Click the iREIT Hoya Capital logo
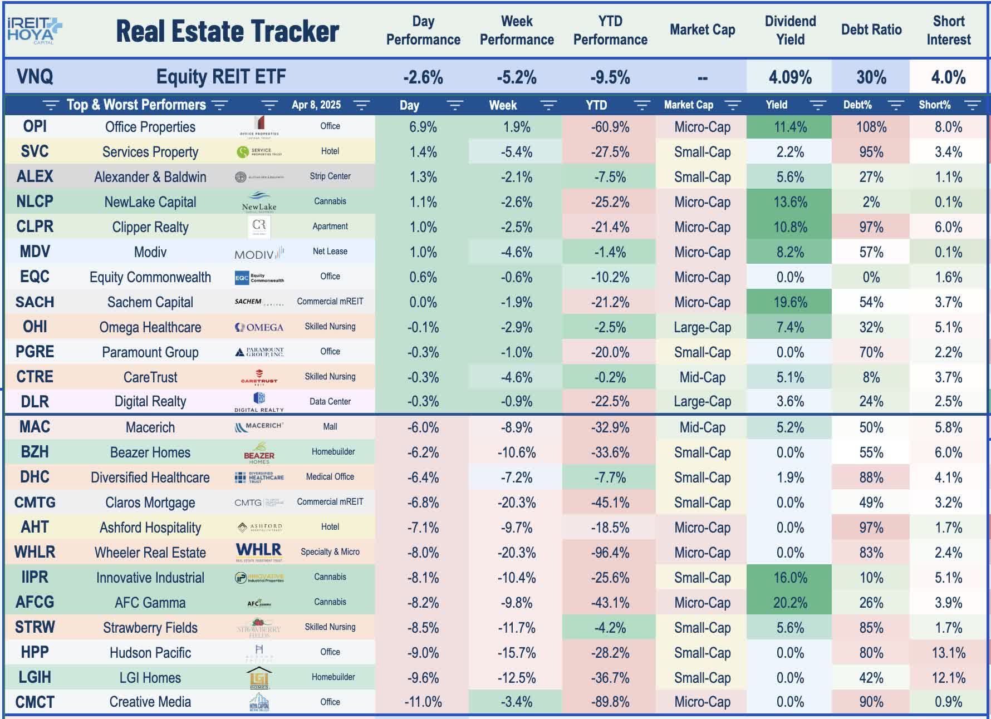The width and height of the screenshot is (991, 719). tap(33, 30)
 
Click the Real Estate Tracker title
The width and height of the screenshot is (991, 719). tap(227, 31)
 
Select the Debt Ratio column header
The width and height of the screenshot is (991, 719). tap(871, 30)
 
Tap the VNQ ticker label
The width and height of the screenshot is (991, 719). tap(35, 77)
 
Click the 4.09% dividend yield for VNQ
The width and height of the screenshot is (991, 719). tap(789, 77)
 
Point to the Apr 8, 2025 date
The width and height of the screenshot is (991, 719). tap(316, 105)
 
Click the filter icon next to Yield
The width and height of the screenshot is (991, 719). tap(817, 105)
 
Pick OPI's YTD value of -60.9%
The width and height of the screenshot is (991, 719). tap(610, 127)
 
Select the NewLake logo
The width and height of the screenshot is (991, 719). tap(259, 202)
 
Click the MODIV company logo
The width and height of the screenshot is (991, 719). tap(259, 253)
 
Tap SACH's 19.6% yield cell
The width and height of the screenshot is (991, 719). tap(789, 302)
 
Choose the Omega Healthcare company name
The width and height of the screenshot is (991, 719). tap(150, 327)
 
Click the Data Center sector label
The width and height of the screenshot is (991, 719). tap(330, 402)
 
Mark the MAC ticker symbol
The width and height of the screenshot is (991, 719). tap(35, 427)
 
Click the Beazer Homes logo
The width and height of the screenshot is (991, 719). tap(259, 453)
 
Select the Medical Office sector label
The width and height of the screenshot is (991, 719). tap(330, 477)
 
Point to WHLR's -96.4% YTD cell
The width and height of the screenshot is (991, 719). tap(610, 553)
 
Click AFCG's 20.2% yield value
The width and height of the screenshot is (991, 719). tap(789, 603)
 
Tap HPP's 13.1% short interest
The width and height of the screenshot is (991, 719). tap(948, 653)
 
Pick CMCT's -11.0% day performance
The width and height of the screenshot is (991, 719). tap(423, 702)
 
